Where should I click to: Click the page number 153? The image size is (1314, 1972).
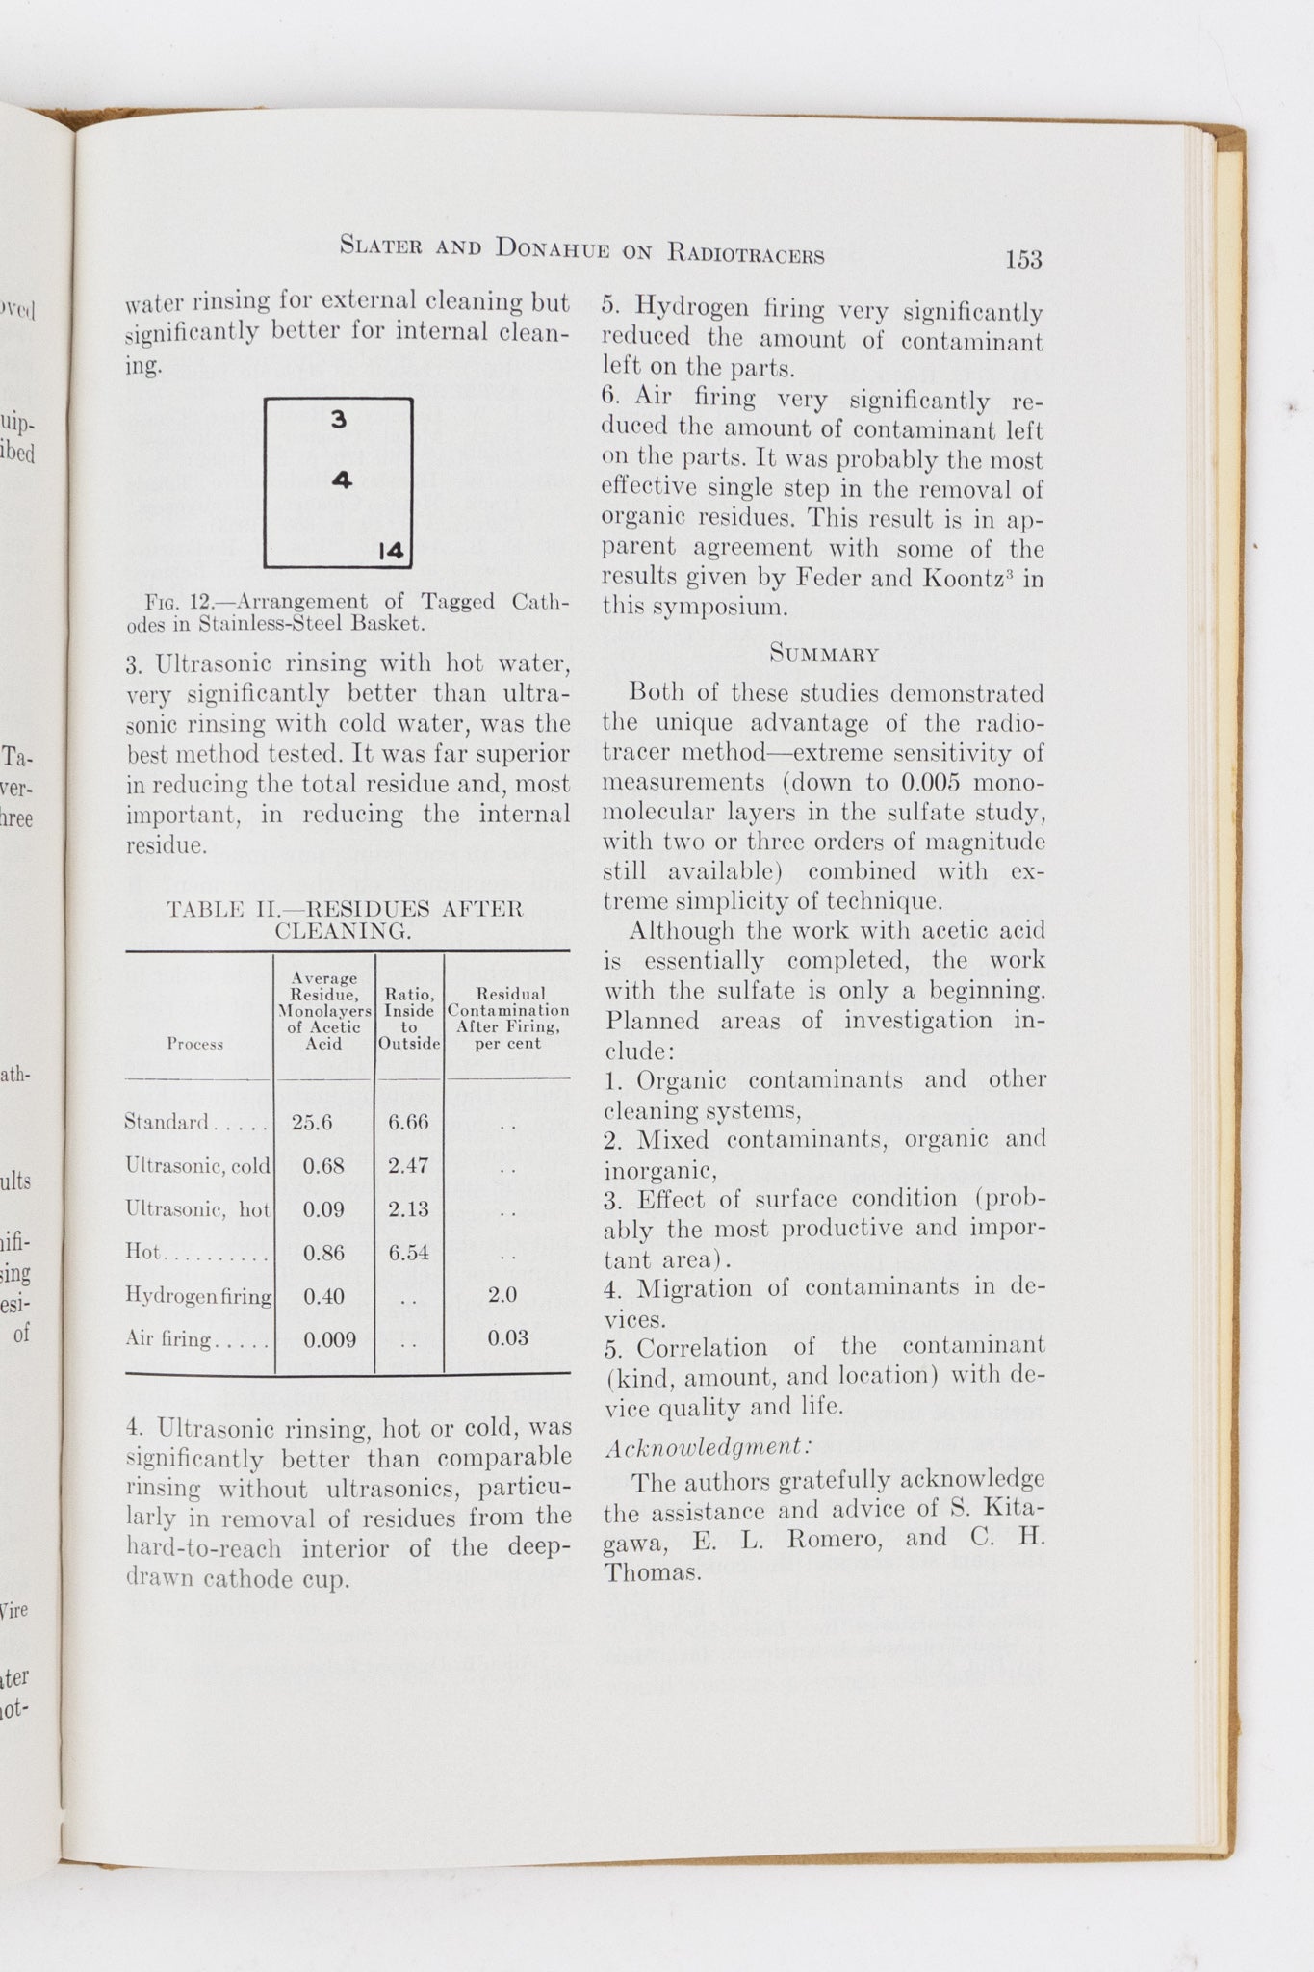(1023, 259)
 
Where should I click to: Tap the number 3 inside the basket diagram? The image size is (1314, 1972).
(338, 420)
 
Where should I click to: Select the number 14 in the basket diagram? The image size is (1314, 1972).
(391, 551)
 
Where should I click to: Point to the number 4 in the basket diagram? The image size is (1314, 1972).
(343, 480)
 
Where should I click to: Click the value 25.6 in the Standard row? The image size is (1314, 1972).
(312, 1122)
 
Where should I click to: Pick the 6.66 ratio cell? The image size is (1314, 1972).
(408, 1122)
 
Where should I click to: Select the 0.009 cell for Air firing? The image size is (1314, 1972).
(330, 1339)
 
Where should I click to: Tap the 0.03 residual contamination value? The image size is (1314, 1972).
(507, 1337)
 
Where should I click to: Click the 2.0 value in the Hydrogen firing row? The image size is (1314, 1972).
(503, 1294)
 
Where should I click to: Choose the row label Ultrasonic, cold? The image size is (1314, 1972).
(198, 1166)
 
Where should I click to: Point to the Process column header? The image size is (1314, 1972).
(194, 1044)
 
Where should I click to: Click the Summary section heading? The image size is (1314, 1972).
(824, 655)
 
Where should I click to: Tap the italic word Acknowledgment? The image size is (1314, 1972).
(709, 1447)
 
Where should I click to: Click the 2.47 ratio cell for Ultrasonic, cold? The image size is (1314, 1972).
(408, 1165)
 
